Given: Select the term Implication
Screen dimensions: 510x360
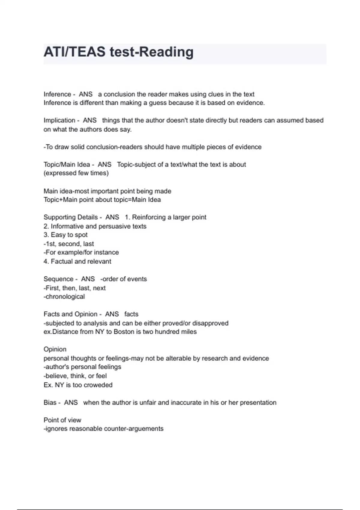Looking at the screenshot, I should tap(59, 120).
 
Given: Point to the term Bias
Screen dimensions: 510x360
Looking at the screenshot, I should tap(50, 403).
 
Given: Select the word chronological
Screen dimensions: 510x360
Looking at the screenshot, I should tap(65, 297).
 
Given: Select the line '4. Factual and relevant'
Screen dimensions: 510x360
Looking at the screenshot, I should tap(77, 262).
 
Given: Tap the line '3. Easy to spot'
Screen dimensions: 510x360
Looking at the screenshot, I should tap(65, 235).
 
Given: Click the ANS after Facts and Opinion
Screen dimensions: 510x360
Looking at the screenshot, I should tap(112, 314).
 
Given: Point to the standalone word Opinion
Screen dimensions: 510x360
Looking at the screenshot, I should tap(55, 349).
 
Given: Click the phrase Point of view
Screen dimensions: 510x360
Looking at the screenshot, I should tap(62, 420).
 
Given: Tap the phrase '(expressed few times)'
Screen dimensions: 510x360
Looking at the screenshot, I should tap(76, 173).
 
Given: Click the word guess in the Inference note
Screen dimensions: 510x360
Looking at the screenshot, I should tap(158, 103).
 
